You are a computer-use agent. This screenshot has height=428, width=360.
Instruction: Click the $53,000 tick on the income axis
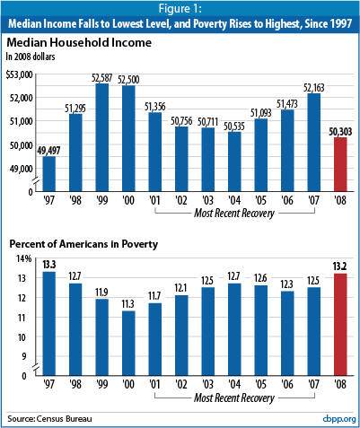21,74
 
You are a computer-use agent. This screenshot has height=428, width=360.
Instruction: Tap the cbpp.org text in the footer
334,417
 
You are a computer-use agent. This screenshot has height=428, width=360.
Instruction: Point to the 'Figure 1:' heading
180,9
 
